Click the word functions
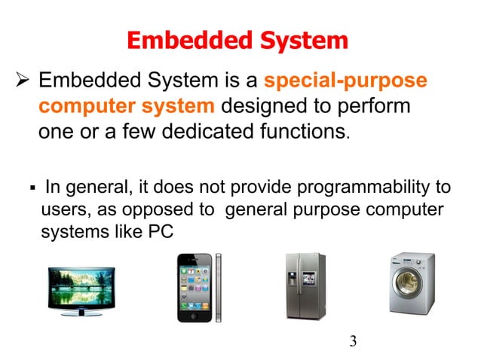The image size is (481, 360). (x=302, y=133)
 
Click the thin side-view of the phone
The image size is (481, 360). (x=219, y=287)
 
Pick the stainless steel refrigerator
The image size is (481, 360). (x=305, y=285)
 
